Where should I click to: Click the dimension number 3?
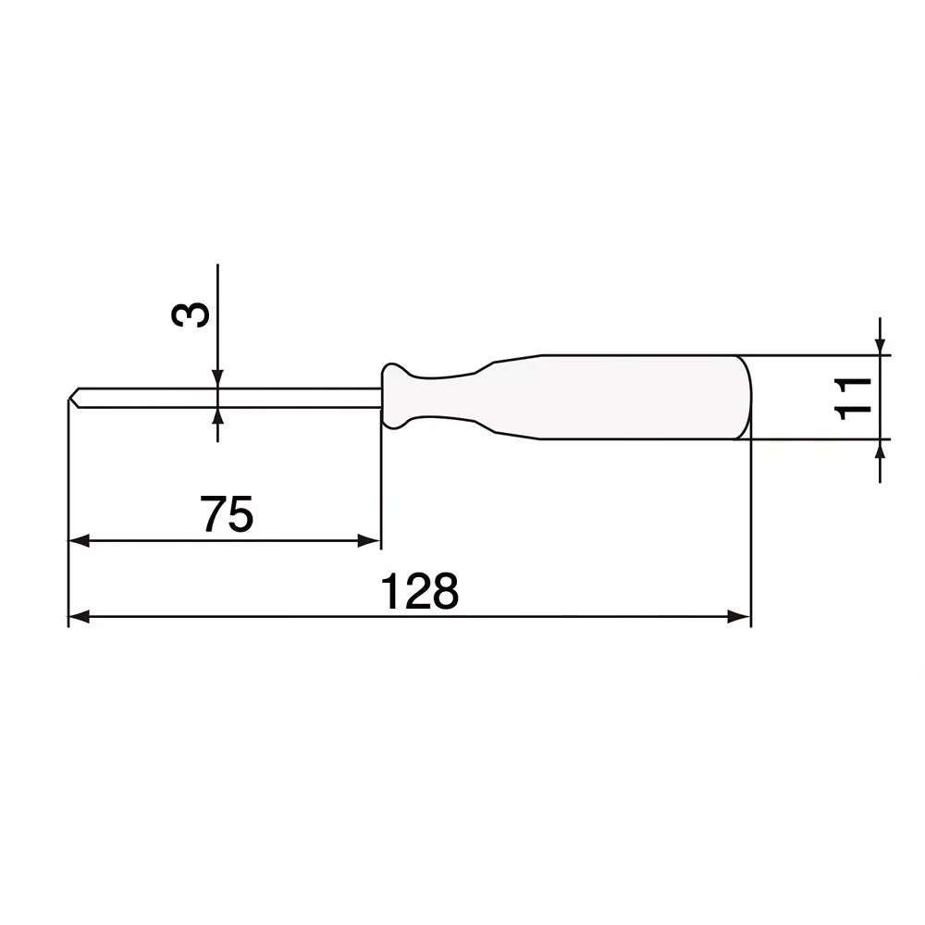[191, 314]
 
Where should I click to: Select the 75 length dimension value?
[227, 514]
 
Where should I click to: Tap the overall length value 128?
[420, 592]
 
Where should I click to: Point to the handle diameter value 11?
[852, 397]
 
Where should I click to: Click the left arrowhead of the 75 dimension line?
[79, 541]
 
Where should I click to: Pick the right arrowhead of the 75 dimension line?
[371, 541]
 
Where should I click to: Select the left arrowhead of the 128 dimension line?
[79, 617]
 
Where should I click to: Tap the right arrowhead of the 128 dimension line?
[739, 617]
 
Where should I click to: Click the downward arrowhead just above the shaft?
[217, 378]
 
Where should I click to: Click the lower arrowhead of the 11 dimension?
[880, 449]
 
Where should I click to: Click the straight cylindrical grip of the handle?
[638, 397]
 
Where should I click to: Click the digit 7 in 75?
[215, 514]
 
